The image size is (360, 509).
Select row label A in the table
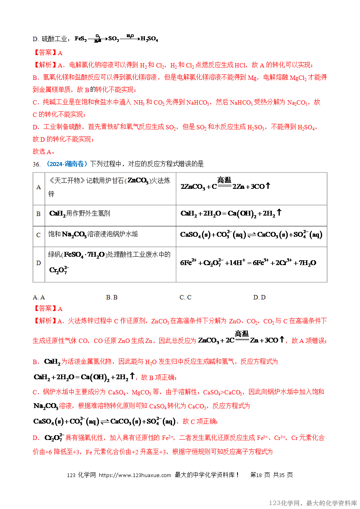click(39, 187)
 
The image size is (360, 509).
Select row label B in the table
click(39, 214)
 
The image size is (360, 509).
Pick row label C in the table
click(39, 235)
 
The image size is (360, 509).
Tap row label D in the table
click(39, 263)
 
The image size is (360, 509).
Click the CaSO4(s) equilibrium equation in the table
click(251, 235)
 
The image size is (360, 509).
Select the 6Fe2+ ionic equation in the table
click(248, 263)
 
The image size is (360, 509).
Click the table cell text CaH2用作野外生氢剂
click(79, 214)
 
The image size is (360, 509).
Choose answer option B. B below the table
click(112, 297)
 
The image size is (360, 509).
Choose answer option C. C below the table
click(186, 297)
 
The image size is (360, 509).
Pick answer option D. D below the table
click(259, 297)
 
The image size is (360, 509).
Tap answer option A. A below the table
click(39, 297)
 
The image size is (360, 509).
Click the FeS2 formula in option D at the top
click(81, 40)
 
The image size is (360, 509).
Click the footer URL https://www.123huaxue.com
click(135, 475)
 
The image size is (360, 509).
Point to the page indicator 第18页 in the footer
click(261, 475)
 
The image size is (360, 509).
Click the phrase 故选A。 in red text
click(44, 152)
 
